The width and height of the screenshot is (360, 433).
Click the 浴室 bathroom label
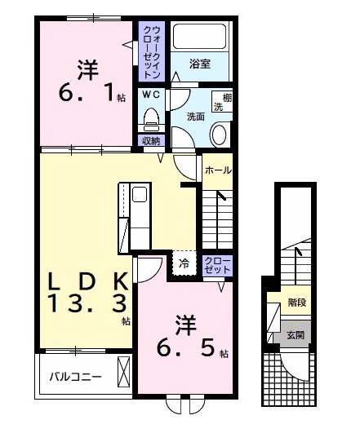(200, 64)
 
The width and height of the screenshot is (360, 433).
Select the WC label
(151, 95)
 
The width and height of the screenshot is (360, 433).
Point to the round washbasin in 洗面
(220, 134)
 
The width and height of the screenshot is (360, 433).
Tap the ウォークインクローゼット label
(152, 51)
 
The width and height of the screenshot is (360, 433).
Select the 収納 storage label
(151, 140)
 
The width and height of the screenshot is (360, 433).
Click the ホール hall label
(217, 170)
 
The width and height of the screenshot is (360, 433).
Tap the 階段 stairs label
(296, 303)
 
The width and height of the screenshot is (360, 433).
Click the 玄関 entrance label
(296, 334)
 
